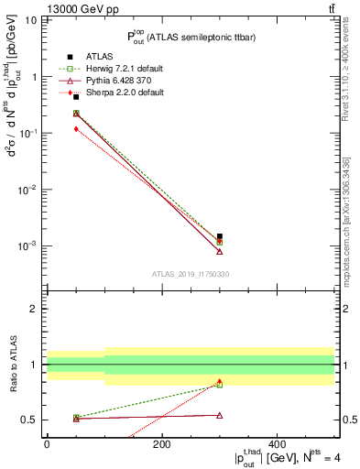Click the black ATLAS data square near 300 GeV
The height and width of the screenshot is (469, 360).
220,236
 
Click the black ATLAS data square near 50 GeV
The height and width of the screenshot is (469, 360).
76,96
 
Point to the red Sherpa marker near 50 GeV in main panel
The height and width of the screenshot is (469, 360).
76,129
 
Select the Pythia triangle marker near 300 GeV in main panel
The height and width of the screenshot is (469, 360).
220,252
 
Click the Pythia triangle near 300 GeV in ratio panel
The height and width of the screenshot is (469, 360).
220,415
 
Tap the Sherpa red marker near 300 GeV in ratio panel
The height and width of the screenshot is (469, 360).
220,381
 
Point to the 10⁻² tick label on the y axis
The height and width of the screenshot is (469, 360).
26,190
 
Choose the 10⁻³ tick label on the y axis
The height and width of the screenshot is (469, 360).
26,245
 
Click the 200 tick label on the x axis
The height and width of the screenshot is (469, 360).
162,443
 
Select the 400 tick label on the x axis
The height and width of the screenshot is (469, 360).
278,443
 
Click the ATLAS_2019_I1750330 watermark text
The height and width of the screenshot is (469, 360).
191,274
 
